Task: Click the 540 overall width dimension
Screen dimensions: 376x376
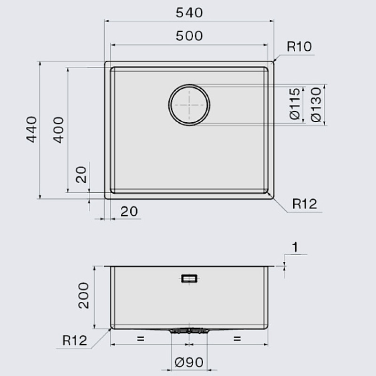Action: (189, 13)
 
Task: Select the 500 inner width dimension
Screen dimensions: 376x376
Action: (189, 36)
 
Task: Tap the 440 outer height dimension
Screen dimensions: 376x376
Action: (31, 130)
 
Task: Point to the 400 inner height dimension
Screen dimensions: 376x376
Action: (59, 130)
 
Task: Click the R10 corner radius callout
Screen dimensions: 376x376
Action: (299, 47)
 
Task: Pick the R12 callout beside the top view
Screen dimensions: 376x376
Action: (305, 204)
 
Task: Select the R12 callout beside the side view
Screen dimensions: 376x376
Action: (75, 340)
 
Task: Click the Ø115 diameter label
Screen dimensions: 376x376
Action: (295, 104)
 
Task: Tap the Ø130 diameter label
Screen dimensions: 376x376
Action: (315, 104)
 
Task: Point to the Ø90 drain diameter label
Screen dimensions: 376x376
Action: (189, 362)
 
